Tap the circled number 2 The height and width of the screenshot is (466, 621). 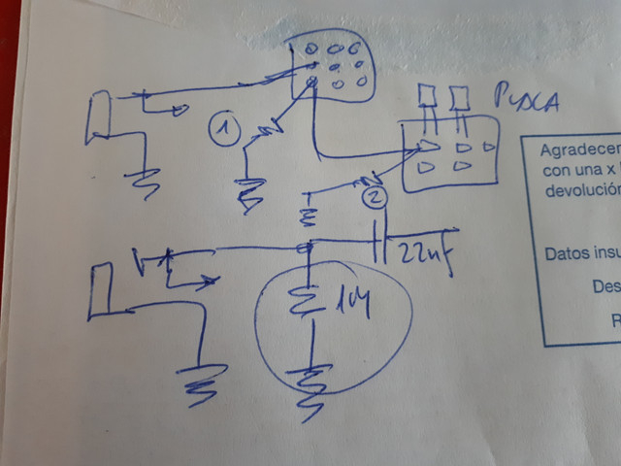point(375,198)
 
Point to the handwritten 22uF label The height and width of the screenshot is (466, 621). point(424,254)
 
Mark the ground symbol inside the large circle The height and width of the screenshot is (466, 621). point(310,383)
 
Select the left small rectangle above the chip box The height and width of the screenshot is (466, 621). point(427,95)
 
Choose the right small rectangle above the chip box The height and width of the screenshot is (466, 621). point(460,96)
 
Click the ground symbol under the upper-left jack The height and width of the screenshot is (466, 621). point(147,181)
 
